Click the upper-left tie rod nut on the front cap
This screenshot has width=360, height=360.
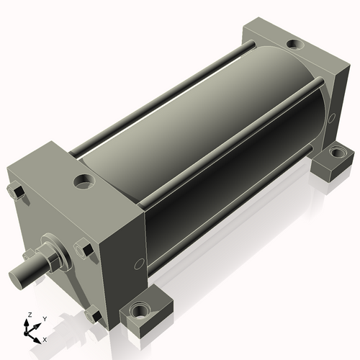point(16,192)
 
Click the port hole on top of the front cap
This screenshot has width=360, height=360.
point(84,181)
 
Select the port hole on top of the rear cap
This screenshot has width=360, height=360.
point(295,44)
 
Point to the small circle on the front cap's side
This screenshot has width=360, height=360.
point(139,264)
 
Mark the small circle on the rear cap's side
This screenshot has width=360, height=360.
point(332,118)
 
